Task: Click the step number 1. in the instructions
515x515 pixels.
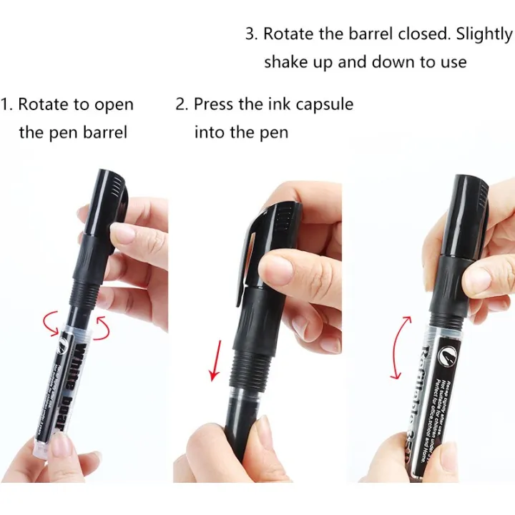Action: tap(6, 104)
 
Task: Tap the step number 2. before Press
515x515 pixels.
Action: tap(182, 104)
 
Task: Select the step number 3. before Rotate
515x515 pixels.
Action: tap(251, 34)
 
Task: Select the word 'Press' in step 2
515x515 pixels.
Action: tap(213, 104)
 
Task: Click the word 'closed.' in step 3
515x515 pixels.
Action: tap(418, 34)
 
